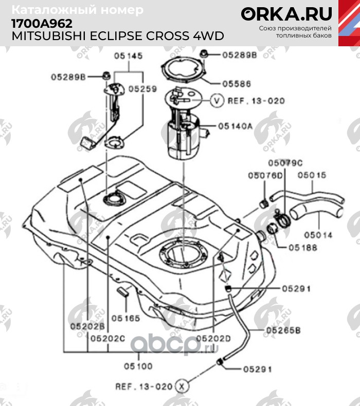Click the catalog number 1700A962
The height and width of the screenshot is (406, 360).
42,24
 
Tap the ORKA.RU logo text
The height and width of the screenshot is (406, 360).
286,14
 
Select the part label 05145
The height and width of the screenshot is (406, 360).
129,56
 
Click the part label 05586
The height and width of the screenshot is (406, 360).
237,84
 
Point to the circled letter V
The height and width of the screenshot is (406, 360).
217,100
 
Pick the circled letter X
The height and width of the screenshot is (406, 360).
182,386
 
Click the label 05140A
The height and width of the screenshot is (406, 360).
236,126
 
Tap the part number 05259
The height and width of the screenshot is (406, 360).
143,89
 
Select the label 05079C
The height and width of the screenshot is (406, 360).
285,163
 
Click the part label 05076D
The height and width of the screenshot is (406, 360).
265,175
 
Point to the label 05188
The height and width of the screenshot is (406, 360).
303,248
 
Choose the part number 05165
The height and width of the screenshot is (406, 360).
125,318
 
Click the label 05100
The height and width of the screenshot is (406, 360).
138,366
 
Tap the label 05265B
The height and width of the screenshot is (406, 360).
283,330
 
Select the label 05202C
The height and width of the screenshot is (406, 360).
108,338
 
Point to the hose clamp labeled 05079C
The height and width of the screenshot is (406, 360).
282,219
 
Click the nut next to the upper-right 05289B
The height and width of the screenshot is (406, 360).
203,54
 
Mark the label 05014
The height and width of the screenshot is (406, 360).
318,235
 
